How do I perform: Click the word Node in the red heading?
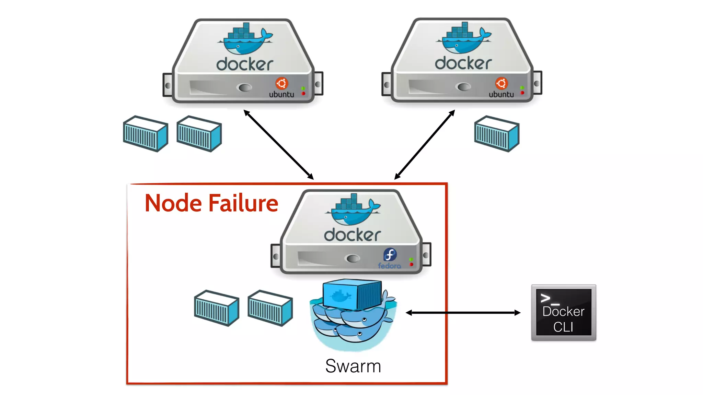[x=173, y=203]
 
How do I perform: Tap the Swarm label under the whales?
[x=353, y=366]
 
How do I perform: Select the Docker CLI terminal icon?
[x=563, y=312]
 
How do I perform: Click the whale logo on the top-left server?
[x=245, y=39]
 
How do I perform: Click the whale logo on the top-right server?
[x=464, y=39]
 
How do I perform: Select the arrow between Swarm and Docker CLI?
[x=463, y=313]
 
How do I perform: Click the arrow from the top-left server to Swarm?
[x=278, y=145]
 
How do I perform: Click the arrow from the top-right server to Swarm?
[x=425, y=145]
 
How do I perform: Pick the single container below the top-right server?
[x=496, y=134]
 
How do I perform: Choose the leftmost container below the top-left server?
[x=146, y=134]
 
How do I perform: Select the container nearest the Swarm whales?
[x=270, y=308]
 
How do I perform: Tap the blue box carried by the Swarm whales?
[x=352, y=294]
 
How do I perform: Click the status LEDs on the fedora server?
[x=411, y=262]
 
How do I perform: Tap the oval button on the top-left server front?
[x=245, y=87]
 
